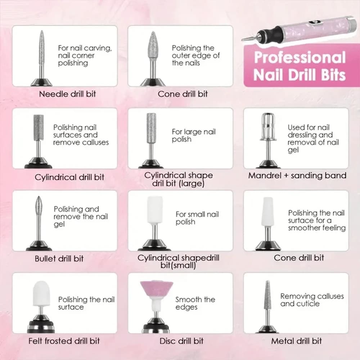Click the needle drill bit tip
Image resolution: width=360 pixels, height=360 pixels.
coord(41,31)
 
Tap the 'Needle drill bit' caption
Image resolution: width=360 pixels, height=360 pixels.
coord(68,94)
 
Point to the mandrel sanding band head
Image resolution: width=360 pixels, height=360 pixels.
coord(268,126)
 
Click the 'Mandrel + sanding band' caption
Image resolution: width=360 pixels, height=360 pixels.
coord(297,176)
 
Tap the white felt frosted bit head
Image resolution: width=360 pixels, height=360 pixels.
coord(41,293)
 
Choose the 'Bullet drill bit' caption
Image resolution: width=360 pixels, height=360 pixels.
coord(59,259)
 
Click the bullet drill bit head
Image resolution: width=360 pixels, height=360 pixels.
coord(39,204)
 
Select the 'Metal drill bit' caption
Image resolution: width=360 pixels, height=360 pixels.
coord(296,341)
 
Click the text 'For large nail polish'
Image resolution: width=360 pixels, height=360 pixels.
coord(194,135)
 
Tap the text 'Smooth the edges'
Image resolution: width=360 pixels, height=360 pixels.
coord(195,303)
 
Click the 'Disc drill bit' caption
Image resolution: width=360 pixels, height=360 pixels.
coord(181,341)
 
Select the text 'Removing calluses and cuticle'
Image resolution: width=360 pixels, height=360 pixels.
coord(312,300)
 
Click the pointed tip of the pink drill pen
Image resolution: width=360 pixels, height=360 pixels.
coord(242,40)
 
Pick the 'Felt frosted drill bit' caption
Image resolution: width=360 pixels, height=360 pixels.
coord(64,341)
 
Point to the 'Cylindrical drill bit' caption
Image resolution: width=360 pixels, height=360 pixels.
coord(69,177)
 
